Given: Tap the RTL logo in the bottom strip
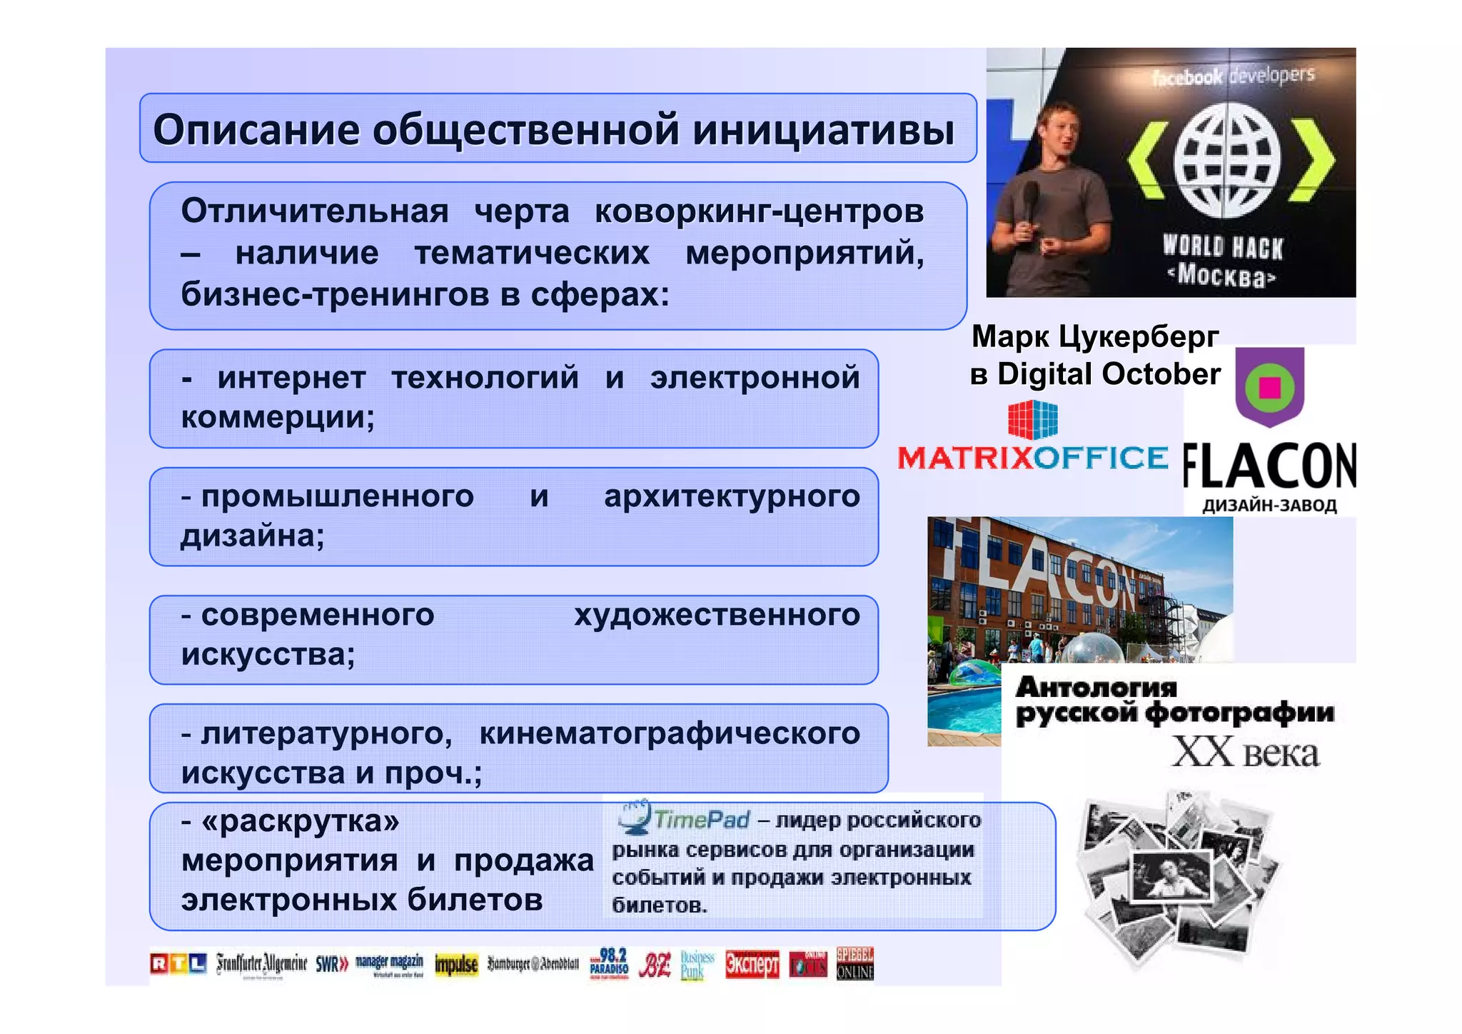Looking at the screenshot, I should (178, 964).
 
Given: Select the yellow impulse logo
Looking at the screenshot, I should (456, 965).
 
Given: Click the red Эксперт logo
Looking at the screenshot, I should (752, 964).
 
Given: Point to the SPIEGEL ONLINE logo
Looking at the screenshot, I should (854, 964).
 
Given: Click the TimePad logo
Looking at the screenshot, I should (684, 818).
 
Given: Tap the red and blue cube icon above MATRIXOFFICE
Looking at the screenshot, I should (1032, 419).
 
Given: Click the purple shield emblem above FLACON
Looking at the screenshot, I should (1269, 386).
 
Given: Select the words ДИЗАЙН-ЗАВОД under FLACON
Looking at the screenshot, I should (1269, 506).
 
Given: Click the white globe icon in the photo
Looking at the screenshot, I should (1227, 161).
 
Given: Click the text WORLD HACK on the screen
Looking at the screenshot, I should (1222, 247).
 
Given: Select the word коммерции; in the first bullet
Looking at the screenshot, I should (278, 417).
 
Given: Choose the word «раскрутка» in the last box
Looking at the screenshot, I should (300, 821).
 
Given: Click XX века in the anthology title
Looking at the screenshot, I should (1245, 753).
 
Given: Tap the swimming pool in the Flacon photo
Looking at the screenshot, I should (964, 707).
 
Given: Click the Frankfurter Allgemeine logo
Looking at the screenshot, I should (261, 964).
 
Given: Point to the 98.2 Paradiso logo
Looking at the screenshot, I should (609, 964).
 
